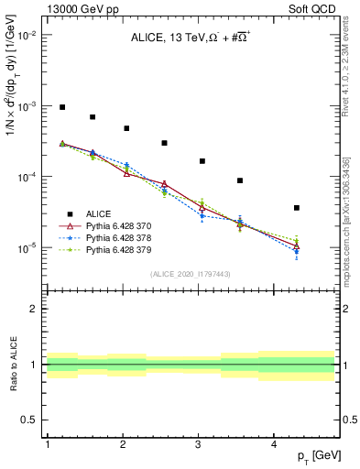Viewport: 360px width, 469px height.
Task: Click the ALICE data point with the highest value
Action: click(62, 107)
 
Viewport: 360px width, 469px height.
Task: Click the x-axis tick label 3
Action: click(199, 444)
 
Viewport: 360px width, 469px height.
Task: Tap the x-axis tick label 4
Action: click(275, 444)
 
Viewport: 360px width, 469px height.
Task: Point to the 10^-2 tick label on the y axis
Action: click(27, 35)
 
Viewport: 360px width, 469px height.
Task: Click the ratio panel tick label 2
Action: click(33, 309)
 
